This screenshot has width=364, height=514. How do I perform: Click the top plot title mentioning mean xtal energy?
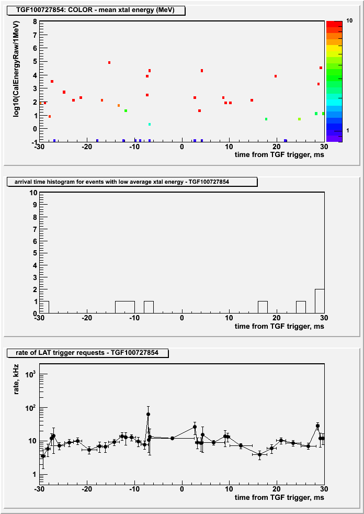[x=95, y=10]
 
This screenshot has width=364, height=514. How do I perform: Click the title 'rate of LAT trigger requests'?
[x=87, y=353]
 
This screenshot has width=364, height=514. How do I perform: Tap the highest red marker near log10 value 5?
[x=109, y=63]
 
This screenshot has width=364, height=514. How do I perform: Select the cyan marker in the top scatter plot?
[x=150, y=124]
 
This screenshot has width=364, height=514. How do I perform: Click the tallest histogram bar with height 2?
[x=320, y=301]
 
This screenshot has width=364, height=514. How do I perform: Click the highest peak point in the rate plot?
[x=148, y=415]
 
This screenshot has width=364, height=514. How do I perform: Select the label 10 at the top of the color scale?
[x=349, y=20]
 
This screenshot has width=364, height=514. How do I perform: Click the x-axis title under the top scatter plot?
[x=279, y=154]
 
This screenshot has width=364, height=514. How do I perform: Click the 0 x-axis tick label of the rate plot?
[x=182, y=489]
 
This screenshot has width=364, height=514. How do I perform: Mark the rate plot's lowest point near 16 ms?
[x=260, y=454]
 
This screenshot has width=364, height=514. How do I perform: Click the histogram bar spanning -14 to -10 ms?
[x=125, y=307]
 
